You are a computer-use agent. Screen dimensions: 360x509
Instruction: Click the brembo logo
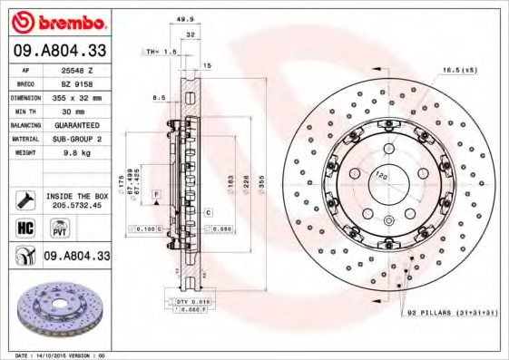point(59,21)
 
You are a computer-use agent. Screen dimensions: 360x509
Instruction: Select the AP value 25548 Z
point(76,70)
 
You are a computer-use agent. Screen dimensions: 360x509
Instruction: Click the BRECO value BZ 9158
point(76,83)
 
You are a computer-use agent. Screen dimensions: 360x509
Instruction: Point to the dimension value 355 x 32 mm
point(76,95)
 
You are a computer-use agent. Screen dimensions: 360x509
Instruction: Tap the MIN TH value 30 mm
point(76,109)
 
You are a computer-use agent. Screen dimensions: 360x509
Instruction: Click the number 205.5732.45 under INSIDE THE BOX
point(76,206)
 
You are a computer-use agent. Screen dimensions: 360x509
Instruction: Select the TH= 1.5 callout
point(162,52)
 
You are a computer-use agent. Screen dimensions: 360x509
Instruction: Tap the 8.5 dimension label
point(159,97)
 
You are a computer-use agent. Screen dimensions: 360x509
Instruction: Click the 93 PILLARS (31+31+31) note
point(450,312)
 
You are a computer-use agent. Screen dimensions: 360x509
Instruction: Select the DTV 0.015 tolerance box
point(190,300)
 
